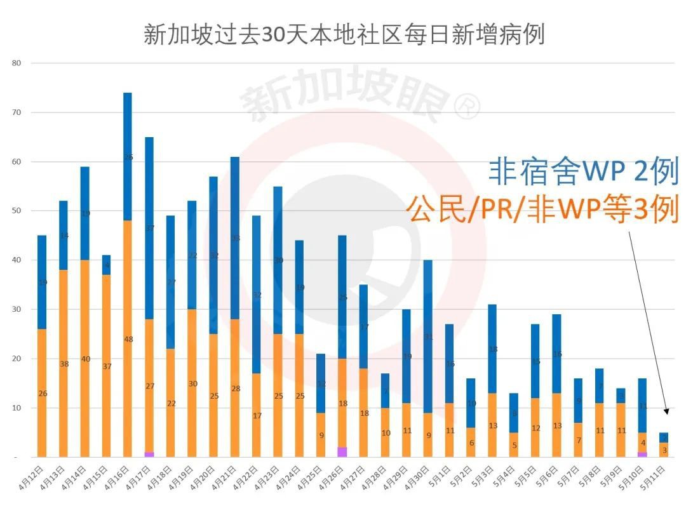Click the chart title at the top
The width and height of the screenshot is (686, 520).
coord(344,34)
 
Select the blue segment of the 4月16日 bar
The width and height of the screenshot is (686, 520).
coord(128,156)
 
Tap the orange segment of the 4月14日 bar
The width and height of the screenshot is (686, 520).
coord(85,358)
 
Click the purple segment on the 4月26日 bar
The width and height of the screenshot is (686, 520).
coord(342,451)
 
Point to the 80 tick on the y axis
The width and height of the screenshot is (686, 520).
coord(17,63)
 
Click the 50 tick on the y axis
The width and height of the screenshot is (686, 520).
coord(17,211)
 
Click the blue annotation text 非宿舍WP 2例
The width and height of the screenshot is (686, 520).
coord(583,171)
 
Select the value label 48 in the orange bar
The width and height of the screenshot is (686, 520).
coord(128,339)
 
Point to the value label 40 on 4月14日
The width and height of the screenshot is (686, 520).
coord(85,359)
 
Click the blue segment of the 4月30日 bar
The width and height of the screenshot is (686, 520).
coord(428,336)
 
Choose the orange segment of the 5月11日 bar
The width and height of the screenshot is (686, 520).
coord(663,450)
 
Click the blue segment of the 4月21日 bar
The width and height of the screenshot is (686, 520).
coord(235,238)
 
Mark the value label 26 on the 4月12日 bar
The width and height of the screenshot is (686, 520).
coord(42,394)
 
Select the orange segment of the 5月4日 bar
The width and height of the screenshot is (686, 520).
coord(514,444)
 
